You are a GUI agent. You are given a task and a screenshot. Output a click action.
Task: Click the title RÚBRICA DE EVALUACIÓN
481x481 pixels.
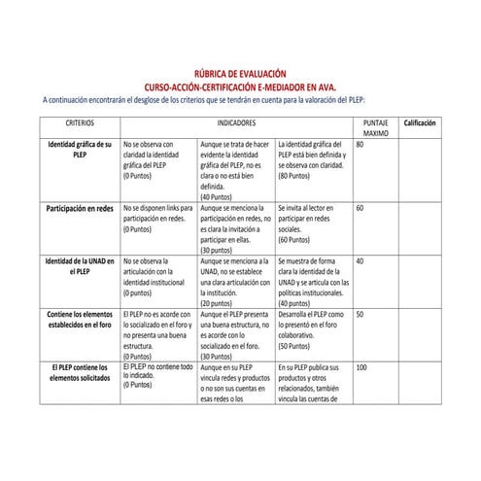(240, 73)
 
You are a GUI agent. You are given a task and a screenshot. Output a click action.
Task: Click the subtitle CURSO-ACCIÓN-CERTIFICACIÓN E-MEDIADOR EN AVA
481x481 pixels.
(240, 86)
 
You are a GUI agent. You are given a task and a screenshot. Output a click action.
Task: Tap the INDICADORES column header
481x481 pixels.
(237, 125)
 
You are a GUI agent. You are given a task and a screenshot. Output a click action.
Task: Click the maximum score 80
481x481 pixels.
(361, 144)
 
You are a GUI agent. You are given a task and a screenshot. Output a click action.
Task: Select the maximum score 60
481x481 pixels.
(361, 209)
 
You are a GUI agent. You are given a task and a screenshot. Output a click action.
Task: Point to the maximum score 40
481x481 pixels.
(361, 261)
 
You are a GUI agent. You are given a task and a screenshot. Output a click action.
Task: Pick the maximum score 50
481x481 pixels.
(361, 314)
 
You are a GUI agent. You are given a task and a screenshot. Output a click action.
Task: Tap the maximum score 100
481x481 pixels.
(362, 367)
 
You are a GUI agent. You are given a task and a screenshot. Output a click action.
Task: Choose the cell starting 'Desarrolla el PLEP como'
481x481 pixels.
(313, 329)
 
